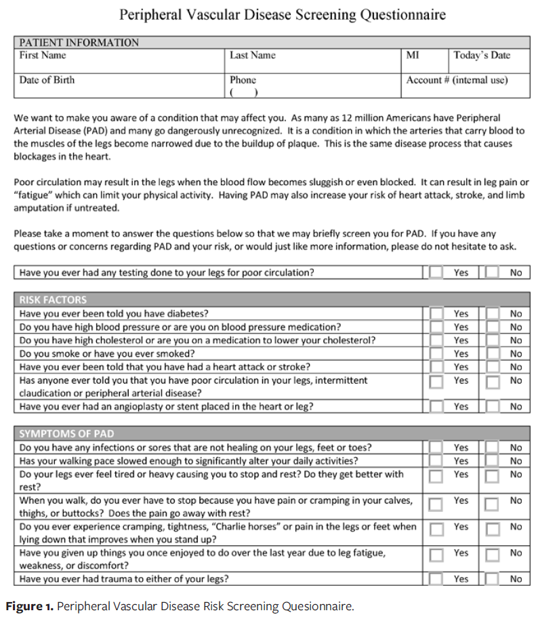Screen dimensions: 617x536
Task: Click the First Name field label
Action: click(43, 56)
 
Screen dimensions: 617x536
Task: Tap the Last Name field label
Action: click(253, 56)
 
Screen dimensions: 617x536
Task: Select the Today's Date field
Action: click(482, 56)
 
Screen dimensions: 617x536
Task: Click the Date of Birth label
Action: click(47, 80)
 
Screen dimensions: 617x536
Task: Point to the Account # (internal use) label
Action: click(457, 80)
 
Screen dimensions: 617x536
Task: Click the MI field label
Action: click(413, 56)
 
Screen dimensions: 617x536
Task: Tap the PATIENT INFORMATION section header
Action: click(79, 43)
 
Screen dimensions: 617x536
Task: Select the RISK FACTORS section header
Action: click(54, 300)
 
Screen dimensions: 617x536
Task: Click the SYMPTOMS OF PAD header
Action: click(67, 434)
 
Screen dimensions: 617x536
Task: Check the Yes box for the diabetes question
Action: click(436, 314)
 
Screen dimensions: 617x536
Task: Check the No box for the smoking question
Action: click(493, 354)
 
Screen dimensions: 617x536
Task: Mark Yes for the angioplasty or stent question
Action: click(436, 407)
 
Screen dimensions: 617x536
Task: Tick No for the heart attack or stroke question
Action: click(493, 367)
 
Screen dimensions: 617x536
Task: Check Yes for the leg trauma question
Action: click(436, 579)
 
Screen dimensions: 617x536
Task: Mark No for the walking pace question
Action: click(493, 461)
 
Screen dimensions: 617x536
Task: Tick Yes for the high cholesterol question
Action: click(436, 340)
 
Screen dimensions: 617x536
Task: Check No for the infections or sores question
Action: click(493, 447)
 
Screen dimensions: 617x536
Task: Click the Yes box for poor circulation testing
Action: click(436, 273)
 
